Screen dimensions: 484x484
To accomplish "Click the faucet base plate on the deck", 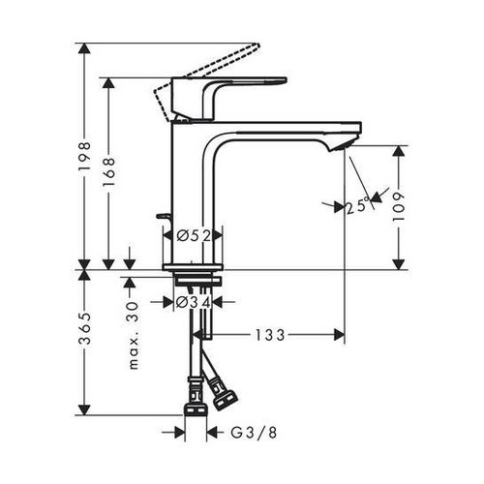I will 194,264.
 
